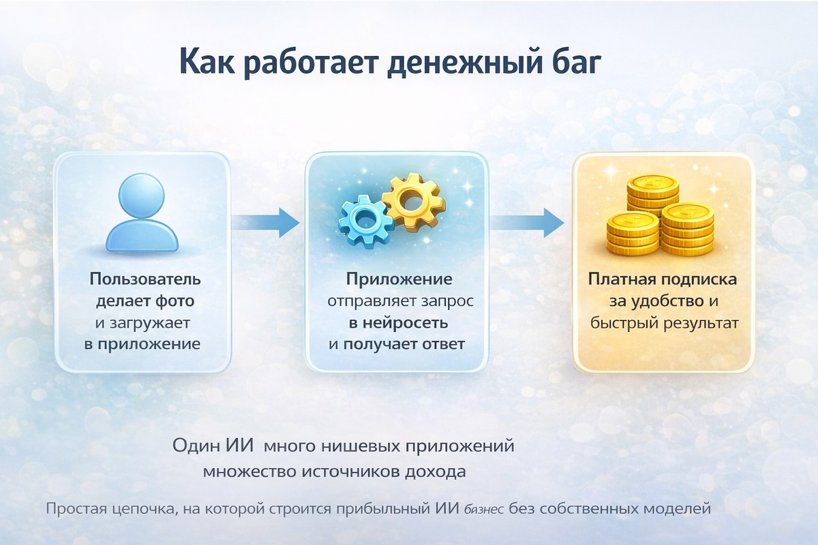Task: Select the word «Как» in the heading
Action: coord(208,62)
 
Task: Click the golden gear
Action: coord(412,201)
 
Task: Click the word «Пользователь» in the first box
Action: coord(145,279)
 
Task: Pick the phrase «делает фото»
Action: coord(145,300)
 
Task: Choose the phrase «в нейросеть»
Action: coord(397,322)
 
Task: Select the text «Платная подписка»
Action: coord(663,279)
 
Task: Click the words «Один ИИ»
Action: coord(213,448)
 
